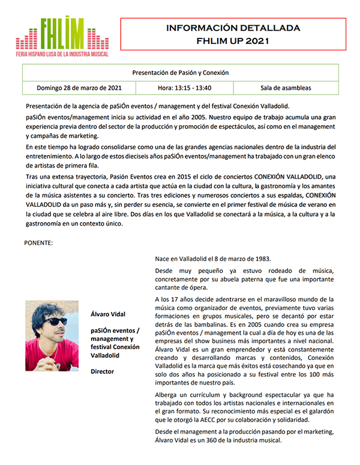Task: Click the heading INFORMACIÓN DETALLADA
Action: pos(233,28)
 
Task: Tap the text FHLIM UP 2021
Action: pos(233,41)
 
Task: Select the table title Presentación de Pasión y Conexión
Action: pos(181,73)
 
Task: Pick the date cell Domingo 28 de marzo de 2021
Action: pos(79,88)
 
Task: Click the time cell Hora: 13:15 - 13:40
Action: pos(185,88)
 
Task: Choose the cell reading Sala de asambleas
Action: pos(286,88)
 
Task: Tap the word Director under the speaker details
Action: pos(103,371)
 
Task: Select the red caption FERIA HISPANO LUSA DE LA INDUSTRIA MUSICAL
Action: pos(62,54)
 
